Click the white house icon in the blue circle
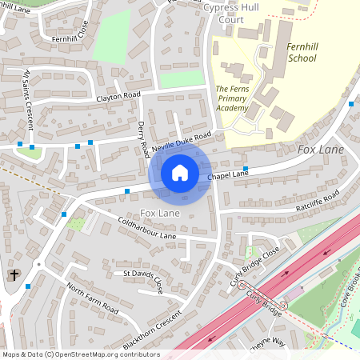(180, 173)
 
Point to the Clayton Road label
(118, 96)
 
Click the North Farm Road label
(92, 298)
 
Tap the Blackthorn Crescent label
(152, 331)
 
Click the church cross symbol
(14, 275)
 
